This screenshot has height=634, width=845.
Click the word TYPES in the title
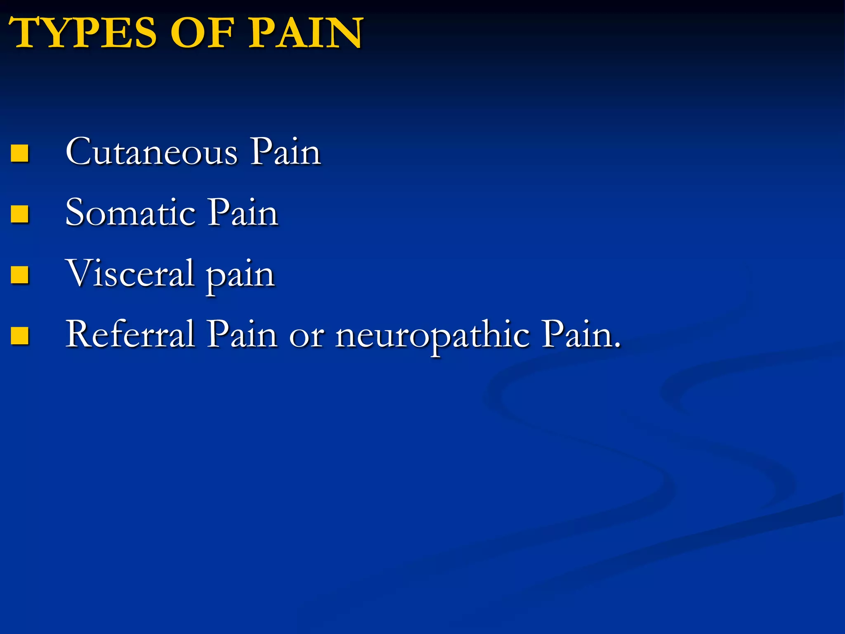coord(83,33)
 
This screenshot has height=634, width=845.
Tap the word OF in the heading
coord(202,33)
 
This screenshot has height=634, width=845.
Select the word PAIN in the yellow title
coord(305,33)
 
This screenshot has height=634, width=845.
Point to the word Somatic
coord(130,213)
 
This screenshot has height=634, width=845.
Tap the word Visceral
coord(130,273)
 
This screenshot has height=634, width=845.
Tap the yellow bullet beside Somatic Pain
coord(19,214)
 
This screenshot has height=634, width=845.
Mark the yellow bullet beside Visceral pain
coord(19,274)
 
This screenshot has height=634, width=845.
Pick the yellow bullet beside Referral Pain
coord(19,335)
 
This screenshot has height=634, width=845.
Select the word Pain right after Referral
coord(242,334)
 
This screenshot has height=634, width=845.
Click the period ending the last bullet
coord(617,345)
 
